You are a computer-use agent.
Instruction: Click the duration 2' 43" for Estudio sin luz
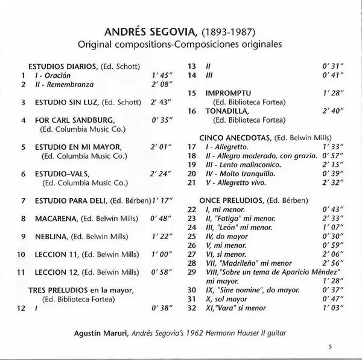coord(160,103)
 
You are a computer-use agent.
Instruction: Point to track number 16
coord(192,111)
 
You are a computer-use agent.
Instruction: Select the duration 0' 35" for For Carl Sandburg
coord(160,120)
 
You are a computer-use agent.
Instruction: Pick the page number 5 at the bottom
coord(331,347)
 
